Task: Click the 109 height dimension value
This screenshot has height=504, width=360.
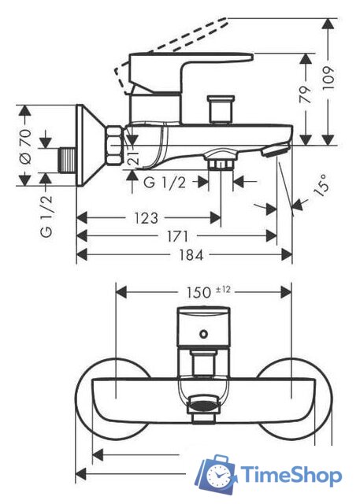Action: (x=328, y=79)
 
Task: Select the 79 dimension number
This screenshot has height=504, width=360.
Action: (x=306, y=94)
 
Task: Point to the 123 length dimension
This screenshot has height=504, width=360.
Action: (x=146, y=218)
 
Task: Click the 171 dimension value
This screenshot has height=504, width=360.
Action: (x=177, y=236)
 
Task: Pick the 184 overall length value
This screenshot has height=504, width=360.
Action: (x=191, y=255)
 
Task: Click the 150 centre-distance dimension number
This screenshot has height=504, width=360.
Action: (x=199, y=292)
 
